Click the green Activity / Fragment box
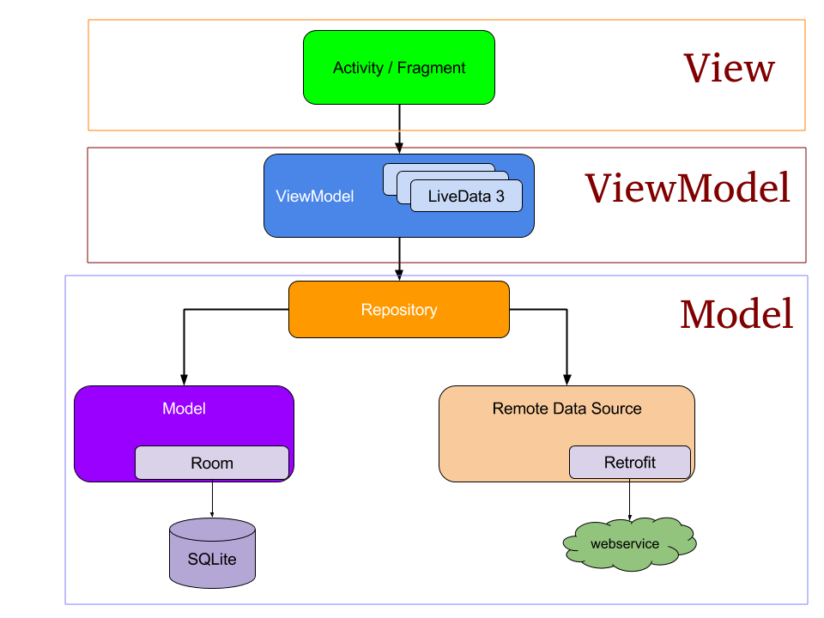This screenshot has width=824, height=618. [x=398, y=68]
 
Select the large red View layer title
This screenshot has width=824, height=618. [x=729, y=69]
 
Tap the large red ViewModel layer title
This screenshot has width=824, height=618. [x=687, y=188]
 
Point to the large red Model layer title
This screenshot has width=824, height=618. [x=736, y=314]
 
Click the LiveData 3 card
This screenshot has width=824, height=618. [x=466, y=197]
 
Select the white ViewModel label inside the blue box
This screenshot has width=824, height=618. [x=314, y=197]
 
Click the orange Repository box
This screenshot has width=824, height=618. [x=398, y=310]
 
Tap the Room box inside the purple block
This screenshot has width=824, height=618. [x=211, y=463]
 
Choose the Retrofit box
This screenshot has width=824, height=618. [x=629, y=463]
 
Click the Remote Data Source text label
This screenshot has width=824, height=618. [x=566, y=409]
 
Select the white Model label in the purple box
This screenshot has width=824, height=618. [x=184, y=409]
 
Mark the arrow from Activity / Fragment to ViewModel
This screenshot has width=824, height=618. [x=398, y=129]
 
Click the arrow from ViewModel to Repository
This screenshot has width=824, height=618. [x=398, y=257]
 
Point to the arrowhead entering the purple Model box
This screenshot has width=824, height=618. [x=183, y=379]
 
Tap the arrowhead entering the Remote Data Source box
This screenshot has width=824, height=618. [x=566, y=379]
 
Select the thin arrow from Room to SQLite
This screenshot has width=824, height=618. [x=212, y=499]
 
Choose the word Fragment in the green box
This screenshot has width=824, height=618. [x=431, y=68]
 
